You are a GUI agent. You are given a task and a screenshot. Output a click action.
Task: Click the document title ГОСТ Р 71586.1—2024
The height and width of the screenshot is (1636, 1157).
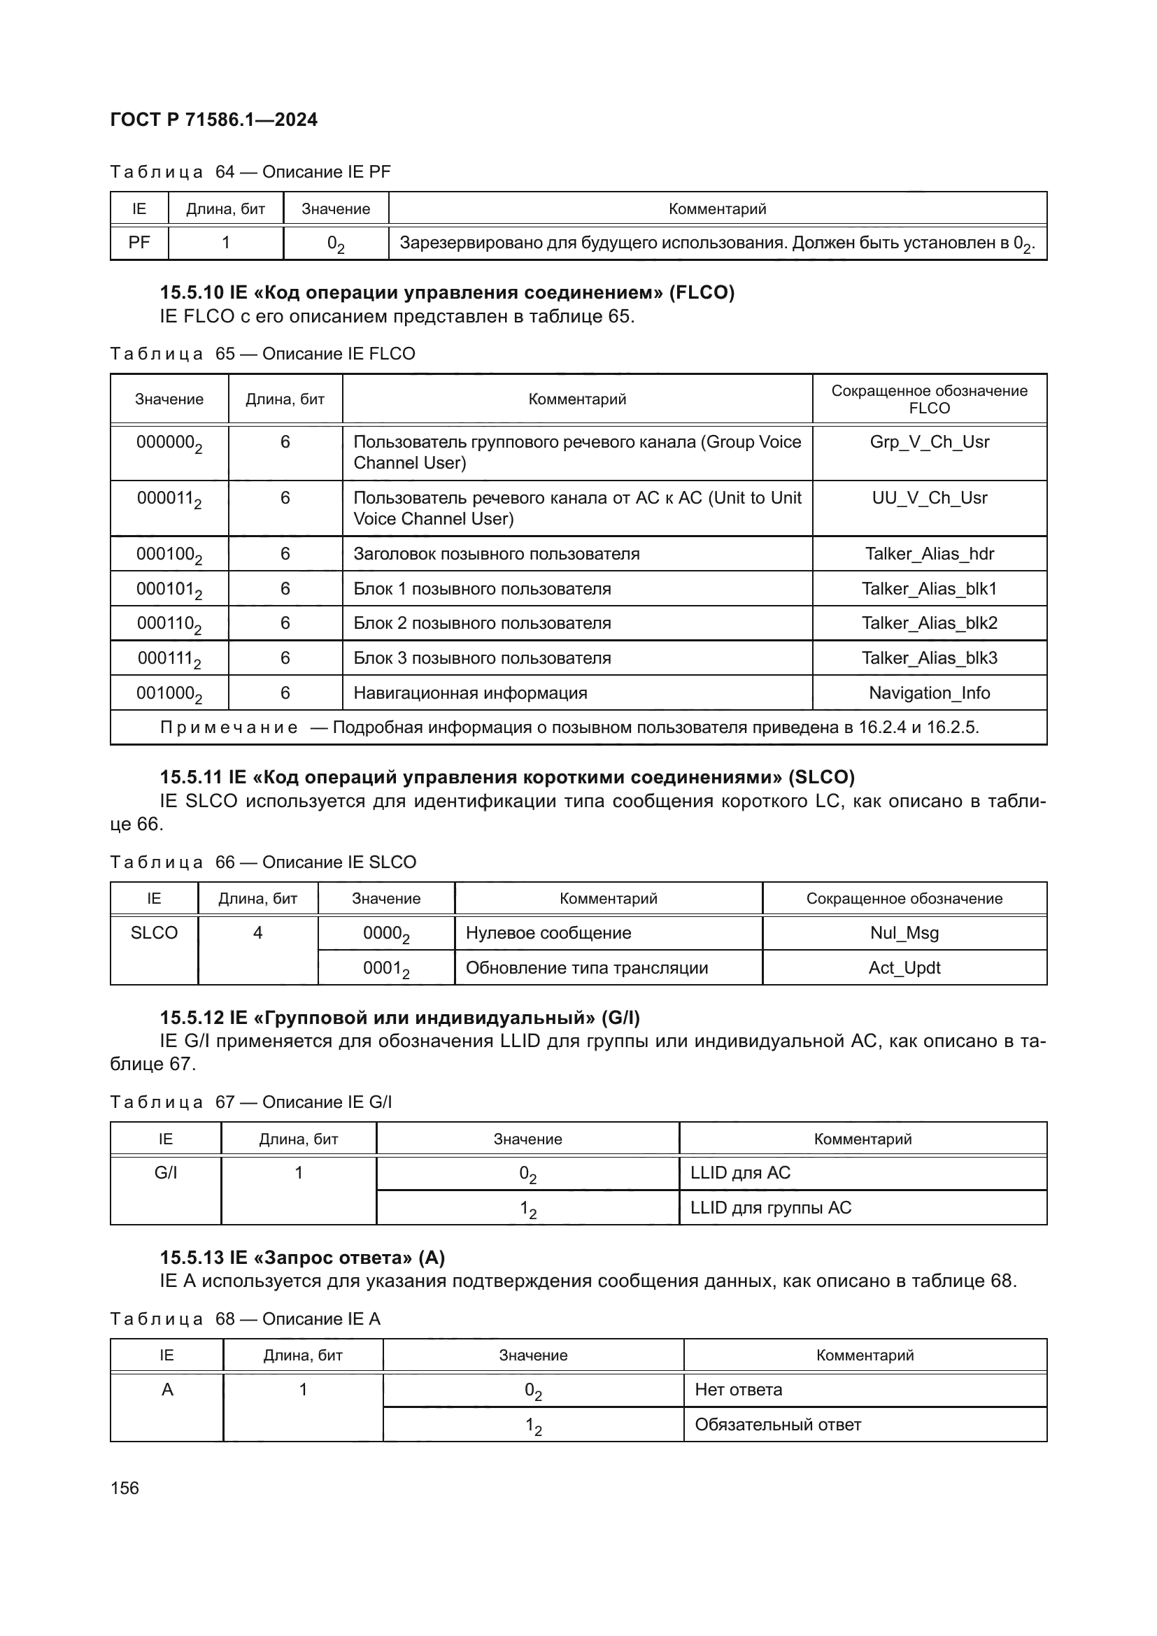pos(214,120)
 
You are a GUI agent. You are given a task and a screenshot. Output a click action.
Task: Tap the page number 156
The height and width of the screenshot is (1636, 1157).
pos(125,1488)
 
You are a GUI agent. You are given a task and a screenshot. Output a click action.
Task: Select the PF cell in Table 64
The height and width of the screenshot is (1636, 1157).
pos(139,243)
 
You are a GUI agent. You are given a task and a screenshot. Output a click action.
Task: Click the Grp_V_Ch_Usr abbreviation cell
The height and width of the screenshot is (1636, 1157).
pos(929,443)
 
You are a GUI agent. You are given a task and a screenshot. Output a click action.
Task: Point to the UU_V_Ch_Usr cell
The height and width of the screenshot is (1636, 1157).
pos(929,498)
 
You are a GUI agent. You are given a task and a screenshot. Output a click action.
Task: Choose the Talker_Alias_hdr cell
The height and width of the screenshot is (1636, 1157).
pos(929,555)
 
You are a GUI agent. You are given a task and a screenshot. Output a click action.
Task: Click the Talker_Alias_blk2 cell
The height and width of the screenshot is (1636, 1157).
pos(929,623)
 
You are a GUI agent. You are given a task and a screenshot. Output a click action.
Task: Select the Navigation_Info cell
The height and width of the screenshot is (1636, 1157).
pos(929,693)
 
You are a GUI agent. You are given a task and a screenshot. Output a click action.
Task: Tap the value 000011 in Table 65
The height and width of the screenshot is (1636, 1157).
pos(169,499)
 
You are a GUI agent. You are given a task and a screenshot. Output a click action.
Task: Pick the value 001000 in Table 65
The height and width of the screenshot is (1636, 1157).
pos(169,694)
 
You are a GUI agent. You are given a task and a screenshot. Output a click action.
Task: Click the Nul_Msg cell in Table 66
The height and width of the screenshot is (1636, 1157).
pos(904,934)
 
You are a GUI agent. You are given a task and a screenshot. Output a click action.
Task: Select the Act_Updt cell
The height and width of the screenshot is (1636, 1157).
pos(904,968)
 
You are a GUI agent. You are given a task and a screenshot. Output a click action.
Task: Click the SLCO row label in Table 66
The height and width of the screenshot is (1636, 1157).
pos(154,934)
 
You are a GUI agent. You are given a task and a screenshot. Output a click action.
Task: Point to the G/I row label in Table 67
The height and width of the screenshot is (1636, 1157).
pos(165,1173)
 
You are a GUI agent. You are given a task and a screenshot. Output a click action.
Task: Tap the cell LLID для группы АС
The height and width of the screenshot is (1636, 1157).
pos(771,1208)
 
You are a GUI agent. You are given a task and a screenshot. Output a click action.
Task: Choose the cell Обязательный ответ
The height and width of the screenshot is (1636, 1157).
pos(778,1425)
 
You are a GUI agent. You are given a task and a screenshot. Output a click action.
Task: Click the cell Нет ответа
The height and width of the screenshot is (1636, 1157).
pos(738,1390)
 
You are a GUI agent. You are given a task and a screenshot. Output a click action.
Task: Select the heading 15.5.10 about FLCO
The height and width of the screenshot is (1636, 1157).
pos(447,293)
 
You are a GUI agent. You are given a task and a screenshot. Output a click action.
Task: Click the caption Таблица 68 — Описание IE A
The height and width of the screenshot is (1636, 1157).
pos(245,1319)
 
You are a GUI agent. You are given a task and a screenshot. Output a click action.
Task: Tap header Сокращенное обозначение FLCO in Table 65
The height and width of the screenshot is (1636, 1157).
pos(929,399)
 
